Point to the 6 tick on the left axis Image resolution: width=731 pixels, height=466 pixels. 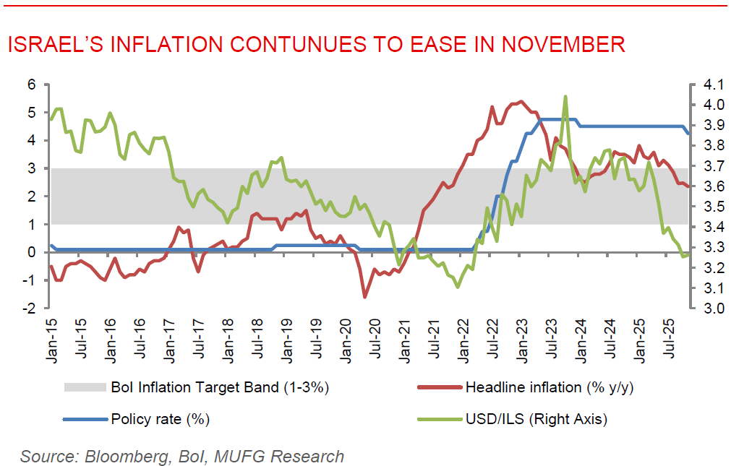click(32, 85)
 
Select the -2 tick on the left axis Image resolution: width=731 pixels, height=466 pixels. click(29, 308)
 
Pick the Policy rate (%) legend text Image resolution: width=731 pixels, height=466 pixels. click(162, 418)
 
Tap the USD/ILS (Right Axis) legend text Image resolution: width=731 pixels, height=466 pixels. click(536, 418)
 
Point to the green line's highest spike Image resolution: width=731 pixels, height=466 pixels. click(565, 96)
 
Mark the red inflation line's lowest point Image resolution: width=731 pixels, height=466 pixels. click(364, 297)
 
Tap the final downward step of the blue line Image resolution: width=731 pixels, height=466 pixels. click(687, 131)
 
